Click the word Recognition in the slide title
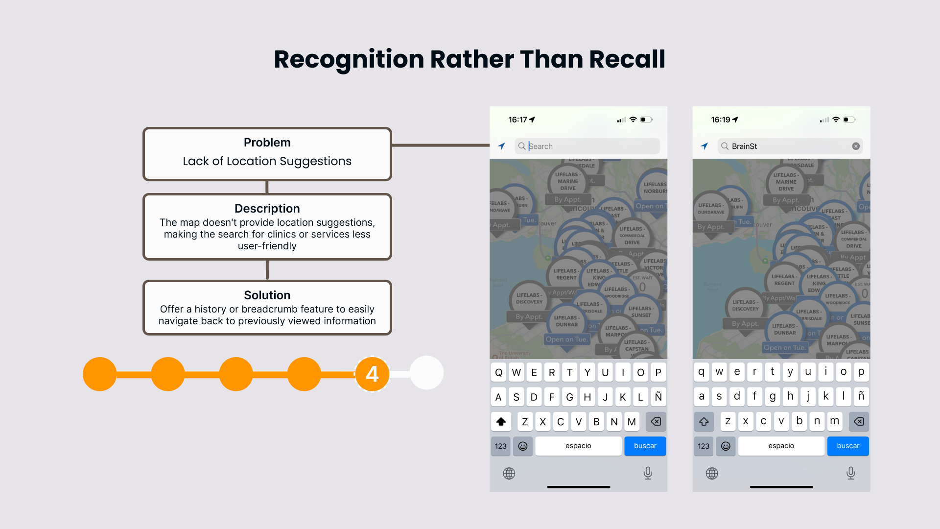[349, 59]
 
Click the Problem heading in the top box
[267, 143]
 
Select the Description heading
[267, 209]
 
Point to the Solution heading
[267, 295]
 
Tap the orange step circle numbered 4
[372, 374]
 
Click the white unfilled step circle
[426, 373]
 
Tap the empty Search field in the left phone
[587, 146]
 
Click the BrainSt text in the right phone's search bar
[744, 146]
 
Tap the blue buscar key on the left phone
[645, 446]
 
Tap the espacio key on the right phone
[781, 446]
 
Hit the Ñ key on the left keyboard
[658, 397]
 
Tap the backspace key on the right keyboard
[858, 421]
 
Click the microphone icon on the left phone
[648, 473]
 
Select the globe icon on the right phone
[712, 473]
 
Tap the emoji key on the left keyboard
[522, 446]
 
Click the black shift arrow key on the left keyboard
[501, 421]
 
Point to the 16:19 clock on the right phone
[720, 120]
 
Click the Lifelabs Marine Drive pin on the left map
[568, 182]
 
